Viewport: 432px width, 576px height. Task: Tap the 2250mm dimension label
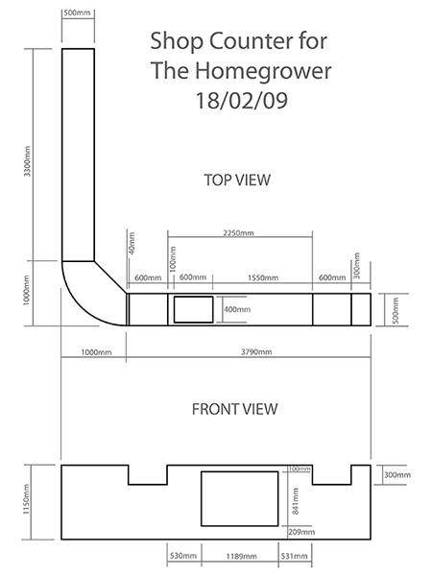click(x=239, y=232)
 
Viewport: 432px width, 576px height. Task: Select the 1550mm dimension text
click(x=263, y=278)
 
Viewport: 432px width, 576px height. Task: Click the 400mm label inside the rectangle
click(x=236, y=309)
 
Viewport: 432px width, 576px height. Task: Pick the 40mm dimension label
click(x=131, y=246)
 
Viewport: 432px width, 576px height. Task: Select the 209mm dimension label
click(x=298, y=531)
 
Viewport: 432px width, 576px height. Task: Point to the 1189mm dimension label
click(x=240, y=555)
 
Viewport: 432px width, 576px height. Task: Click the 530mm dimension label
click(x=182, y=555)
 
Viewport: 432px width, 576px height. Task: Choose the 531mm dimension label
click(x=294, y=555)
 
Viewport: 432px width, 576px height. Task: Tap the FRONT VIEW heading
click(x=235, y=408)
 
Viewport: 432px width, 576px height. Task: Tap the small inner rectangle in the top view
click(x=195, y=309)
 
